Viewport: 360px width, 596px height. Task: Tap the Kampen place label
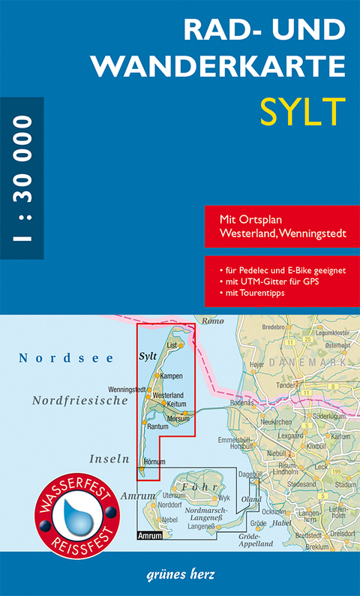[x=172, y=375]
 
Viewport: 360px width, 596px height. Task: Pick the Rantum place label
[x=158, y=426]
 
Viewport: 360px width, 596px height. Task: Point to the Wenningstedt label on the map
[x=127, y=389]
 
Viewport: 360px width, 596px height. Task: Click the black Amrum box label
[x=150, y=535]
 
